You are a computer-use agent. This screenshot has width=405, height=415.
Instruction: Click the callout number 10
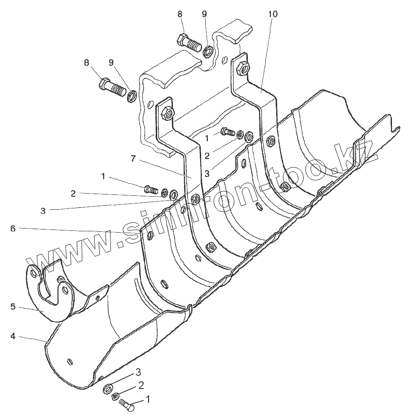click(273, 14)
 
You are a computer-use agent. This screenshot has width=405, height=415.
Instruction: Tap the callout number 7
click(133, 159)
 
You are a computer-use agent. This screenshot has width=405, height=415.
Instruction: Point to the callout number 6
click(13, 229)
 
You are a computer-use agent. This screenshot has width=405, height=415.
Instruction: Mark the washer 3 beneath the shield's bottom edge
click(108, 388)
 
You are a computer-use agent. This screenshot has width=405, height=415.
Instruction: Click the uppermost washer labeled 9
click(208, 51)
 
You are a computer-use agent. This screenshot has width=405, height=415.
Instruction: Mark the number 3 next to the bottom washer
click(139, 372)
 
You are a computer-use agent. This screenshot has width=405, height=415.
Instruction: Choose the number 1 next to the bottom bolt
click(148, 399)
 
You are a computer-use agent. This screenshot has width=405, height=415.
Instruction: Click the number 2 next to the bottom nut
click(141, 385)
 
